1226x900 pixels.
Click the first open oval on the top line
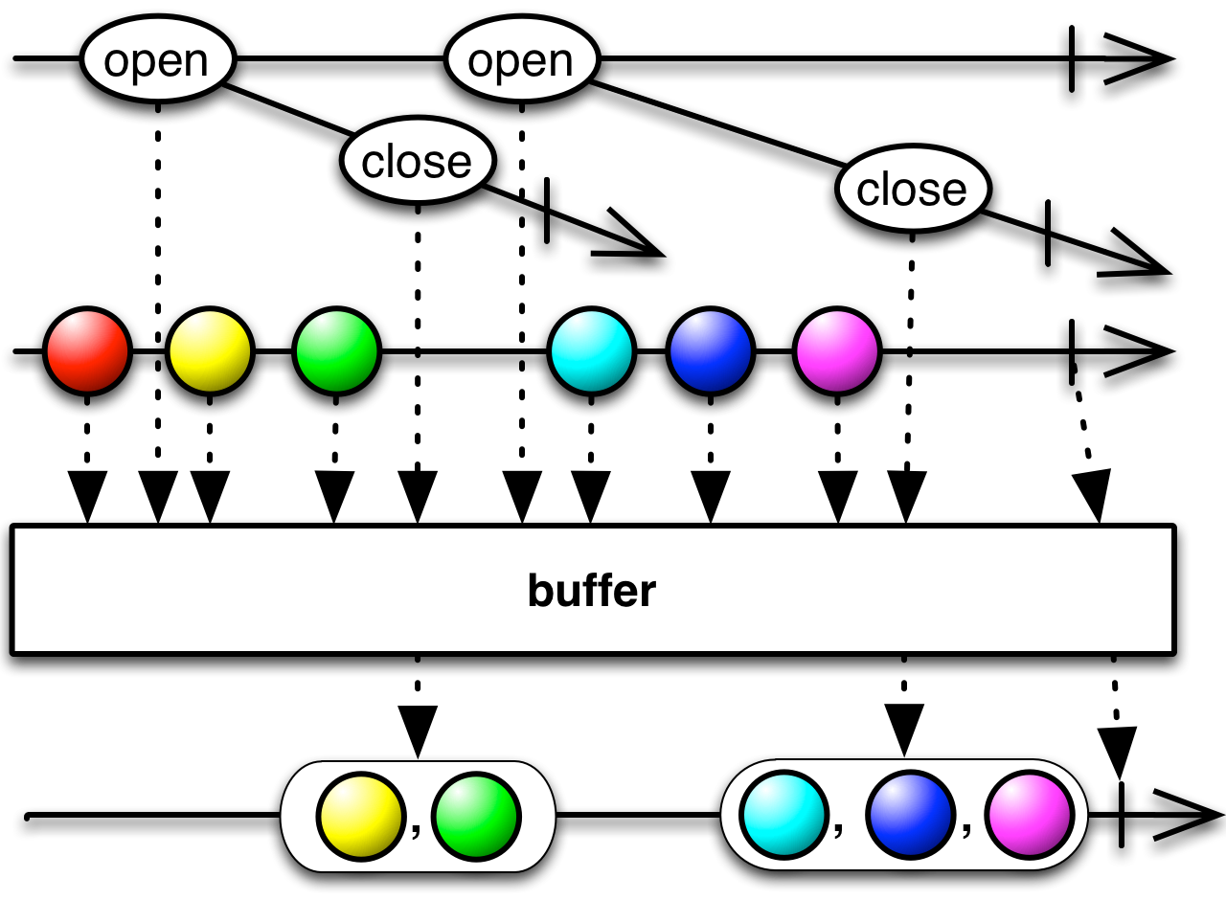[155, 61]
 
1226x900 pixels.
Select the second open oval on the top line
[520, 61]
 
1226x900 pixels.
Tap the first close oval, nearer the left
[417, 163]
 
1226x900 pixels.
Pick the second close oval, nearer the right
[911, 190]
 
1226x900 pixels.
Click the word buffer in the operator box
[591, 591]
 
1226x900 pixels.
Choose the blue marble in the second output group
[909, 817]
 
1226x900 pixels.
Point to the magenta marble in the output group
[1029, 817]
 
